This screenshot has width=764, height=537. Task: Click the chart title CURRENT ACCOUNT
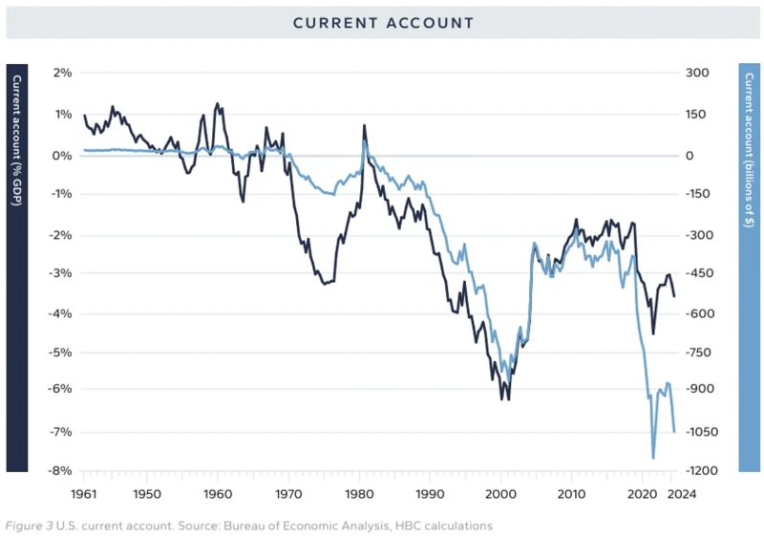tap(382, 22)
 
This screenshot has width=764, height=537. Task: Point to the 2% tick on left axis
tap(62, 74)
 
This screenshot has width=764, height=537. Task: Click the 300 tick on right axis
tap(698, 74)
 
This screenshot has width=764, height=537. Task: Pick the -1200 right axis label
tap(703, 471)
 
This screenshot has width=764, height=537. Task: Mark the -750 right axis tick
tap(702, 353)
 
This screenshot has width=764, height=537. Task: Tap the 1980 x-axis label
tap(359, 494)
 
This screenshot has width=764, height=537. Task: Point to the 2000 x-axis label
tap(500, 494)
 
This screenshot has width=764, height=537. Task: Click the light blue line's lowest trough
tap(654, 458)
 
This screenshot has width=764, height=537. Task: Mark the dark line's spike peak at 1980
tap(364, 125)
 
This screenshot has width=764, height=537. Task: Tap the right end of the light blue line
tap(674, 432)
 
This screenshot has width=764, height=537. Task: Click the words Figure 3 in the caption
tap(30, 526)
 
